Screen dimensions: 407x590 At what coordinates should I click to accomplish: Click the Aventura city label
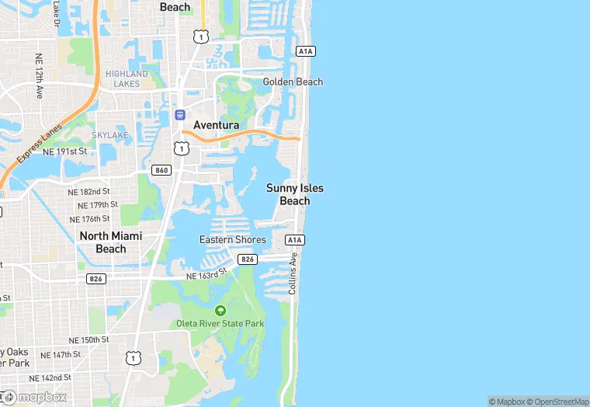[x=216, y=125]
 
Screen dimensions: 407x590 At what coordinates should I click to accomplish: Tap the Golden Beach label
[x=293, y=82]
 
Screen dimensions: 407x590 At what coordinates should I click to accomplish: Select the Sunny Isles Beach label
[x=294, y=194]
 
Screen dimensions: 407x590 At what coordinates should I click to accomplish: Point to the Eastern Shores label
[x=233, y=240]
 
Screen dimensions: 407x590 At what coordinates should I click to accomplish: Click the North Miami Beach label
[x=110, y=242]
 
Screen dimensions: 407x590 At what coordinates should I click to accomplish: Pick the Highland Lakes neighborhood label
[x=127, y=78]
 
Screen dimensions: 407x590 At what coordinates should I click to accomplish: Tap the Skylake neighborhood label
[x=109, y=135]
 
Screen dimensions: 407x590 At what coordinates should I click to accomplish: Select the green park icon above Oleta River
[x=220, y=310]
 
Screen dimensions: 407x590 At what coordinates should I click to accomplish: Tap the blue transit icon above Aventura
[x=179, y=114]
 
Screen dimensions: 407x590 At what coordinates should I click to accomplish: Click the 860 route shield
[x=161, y=170]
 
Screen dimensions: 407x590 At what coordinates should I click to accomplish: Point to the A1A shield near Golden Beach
[x=305, y=50]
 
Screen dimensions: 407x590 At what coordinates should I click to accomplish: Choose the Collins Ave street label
[x=293, y=272]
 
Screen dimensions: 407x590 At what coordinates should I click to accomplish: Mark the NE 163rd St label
[x=206, y=274]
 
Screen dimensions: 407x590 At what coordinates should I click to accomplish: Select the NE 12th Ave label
[x=38, y=76]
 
